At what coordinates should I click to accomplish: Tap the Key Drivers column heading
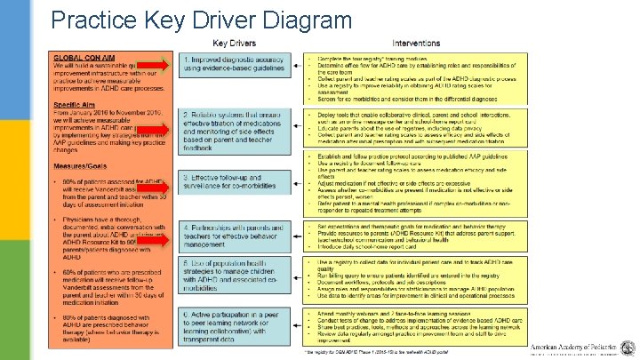point(233,43)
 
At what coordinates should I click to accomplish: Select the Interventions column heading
point(416,43)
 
